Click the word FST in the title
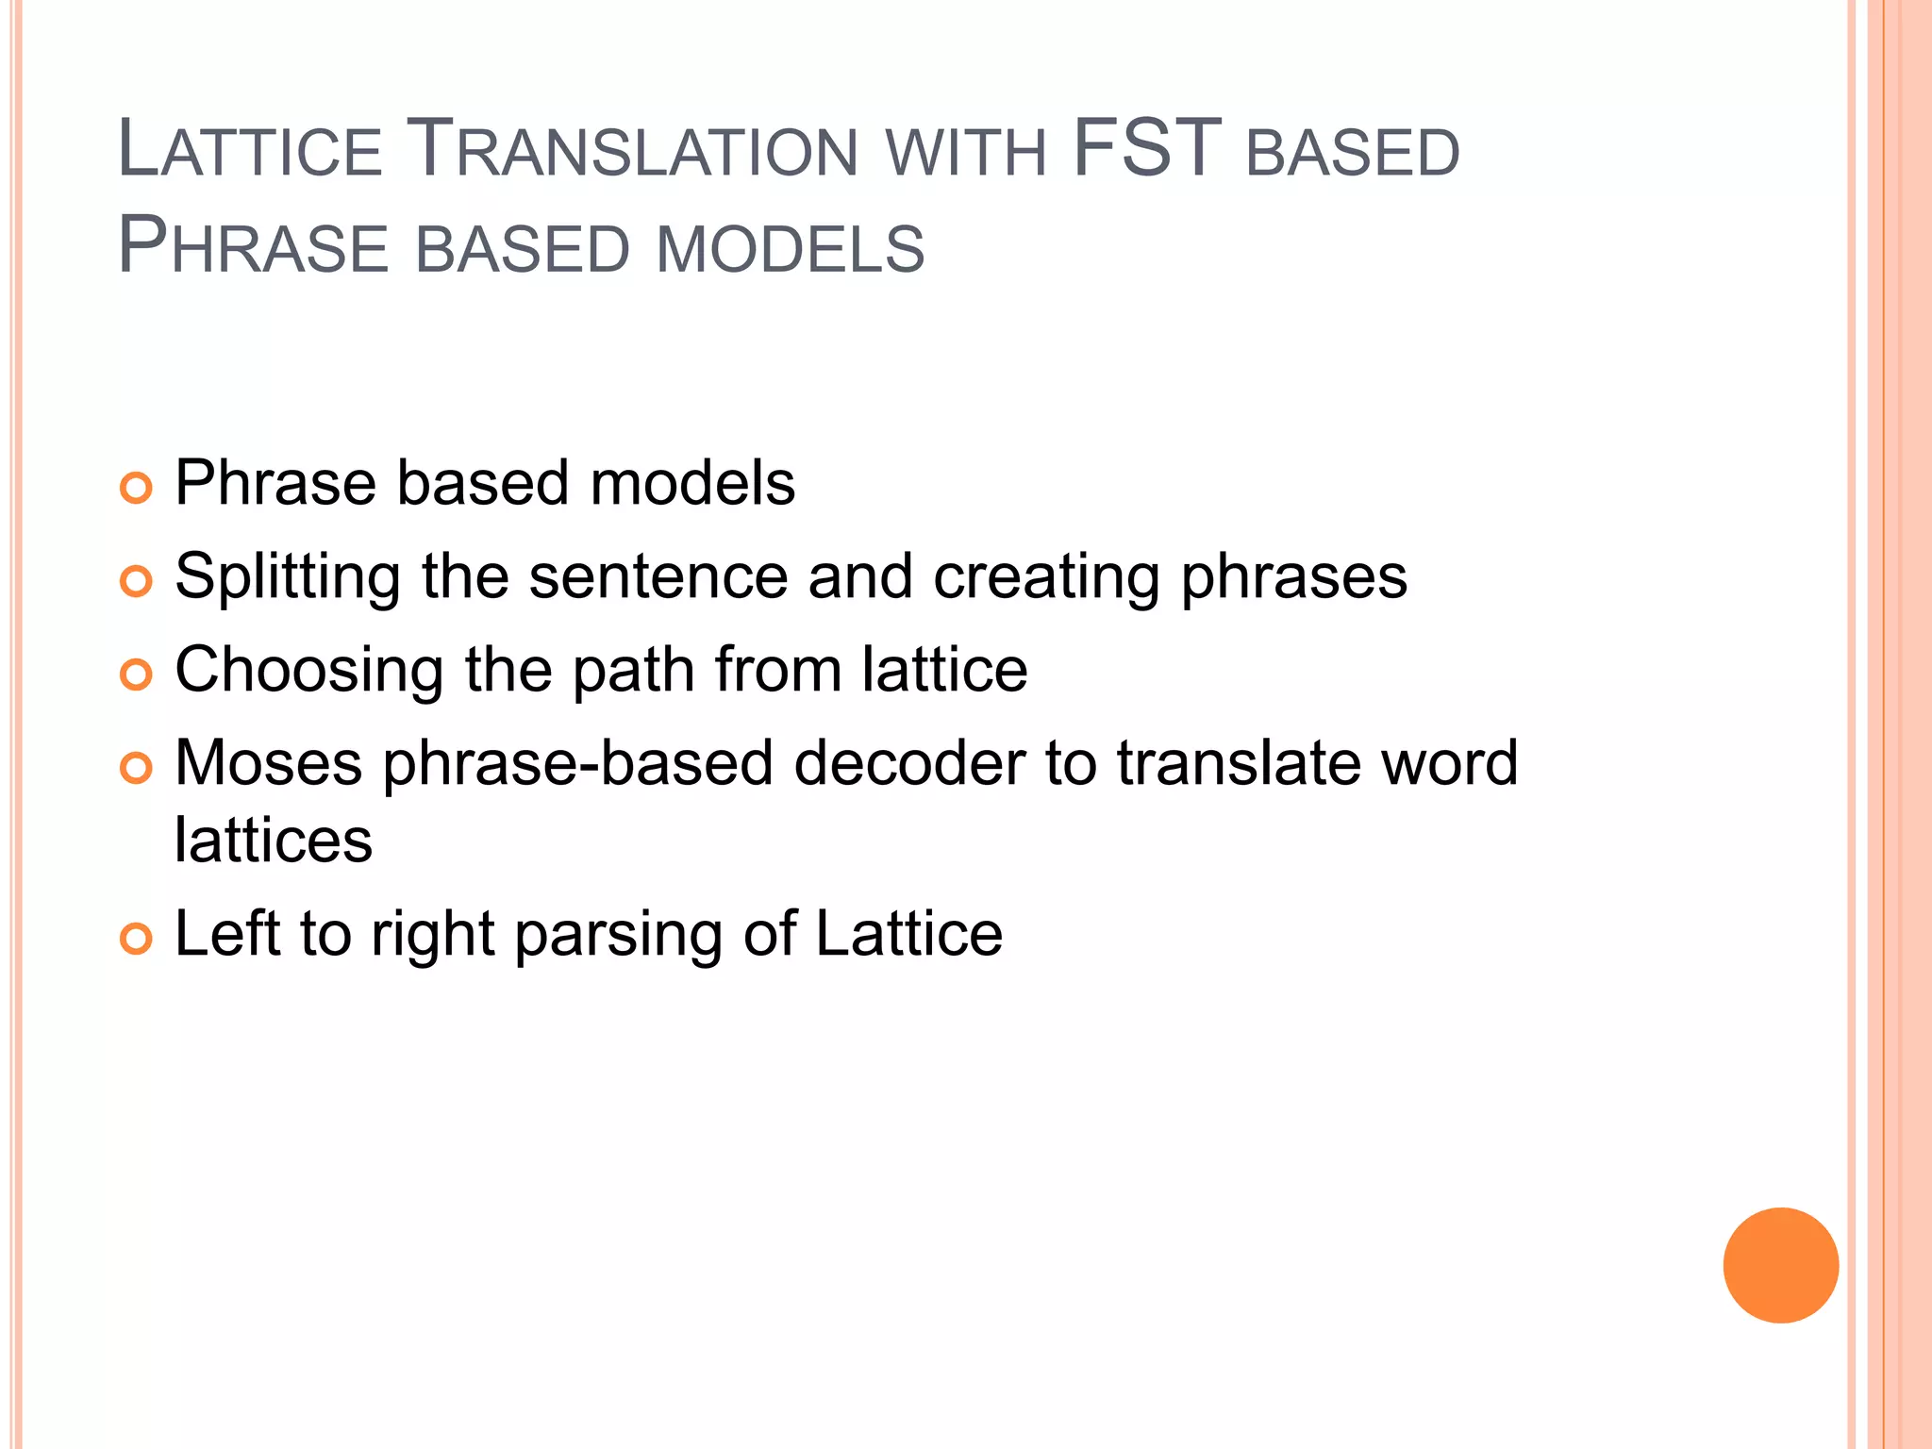pos(1147,148)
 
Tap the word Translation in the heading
pos(636,148)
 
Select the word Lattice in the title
pos(250,148)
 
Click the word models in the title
pos(791,248)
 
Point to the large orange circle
pos(1780,1265)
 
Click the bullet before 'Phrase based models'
pos(137,489)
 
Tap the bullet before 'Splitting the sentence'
pos(137,581)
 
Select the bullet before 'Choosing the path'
pos(137,675)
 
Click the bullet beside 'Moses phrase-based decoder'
pos(137,768)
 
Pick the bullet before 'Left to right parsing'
pos(137,939)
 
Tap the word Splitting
pos(288,577)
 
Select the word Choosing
pos(309,671)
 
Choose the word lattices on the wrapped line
pos(274,840)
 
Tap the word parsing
pos(618,936)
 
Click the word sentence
pos(658,576)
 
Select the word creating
pos(1046,577)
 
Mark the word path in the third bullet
pos(633,671)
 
